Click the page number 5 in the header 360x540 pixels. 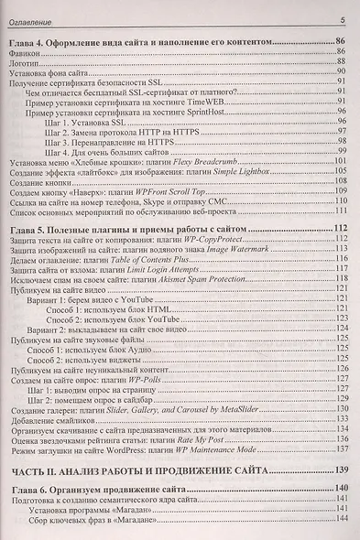(342, 19)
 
